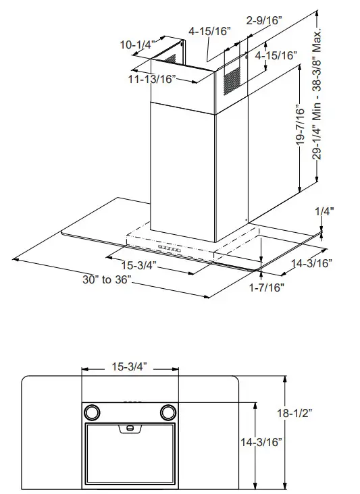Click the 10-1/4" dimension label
tap(138, 45)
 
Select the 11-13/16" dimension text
tap(153, 80)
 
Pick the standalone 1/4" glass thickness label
tap(325, 211)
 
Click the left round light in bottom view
tap(91, 412)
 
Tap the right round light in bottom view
tap(167, 412)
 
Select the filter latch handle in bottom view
tap(128, 428)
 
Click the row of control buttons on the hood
tap(172, 249)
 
